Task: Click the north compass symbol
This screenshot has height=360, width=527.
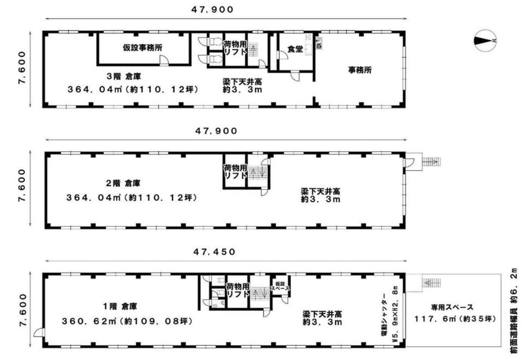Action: coord(485,41)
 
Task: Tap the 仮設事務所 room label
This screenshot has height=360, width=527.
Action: coord(143,48)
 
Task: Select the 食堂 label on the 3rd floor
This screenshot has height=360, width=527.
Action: coord(295,49)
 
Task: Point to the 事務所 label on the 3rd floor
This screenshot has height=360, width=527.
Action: coord(359,70)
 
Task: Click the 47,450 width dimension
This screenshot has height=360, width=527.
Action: coord(214,252)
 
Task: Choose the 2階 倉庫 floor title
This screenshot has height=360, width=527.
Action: coord(123,183)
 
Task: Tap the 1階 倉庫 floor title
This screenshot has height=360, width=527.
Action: coord(120,306)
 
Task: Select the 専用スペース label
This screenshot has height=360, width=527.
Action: coord(452,307)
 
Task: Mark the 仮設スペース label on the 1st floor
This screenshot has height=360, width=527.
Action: coord(280,286)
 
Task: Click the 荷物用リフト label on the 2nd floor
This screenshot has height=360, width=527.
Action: coord(236,171)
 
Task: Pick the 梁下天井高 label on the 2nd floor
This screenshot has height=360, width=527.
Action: coord(320,191)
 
